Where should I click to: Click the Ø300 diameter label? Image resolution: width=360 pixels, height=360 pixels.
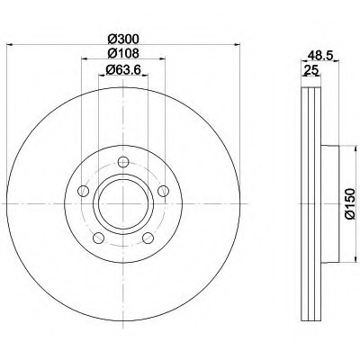pyautogui.click(x=123, y=39)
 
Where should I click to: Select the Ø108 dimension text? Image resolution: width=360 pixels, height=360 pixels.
pyautogui.click(x=123, y=53)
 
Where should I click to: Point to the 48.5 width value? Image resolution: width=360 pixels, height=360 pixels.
pyautogui.click(x=320, y=55)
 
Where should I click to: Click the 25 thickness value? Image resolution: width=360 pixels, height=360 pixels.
pyautogui.click(x=311, y=70)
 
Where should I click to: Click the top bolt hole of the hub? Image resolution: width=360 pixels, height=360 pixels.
pyautogui.click(x=123, y=162)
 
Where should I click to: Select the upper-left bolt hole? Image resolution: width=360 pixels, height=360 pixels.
pyautogui.click(x=84, y=191)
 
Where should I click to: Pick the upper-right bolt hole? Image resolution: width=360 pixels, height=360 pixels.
pyautogui.click(x=163, y=191)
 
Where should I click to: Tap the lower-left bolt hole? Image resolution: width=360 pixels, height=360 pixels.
pyautogui.click(x=99, y=238)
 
